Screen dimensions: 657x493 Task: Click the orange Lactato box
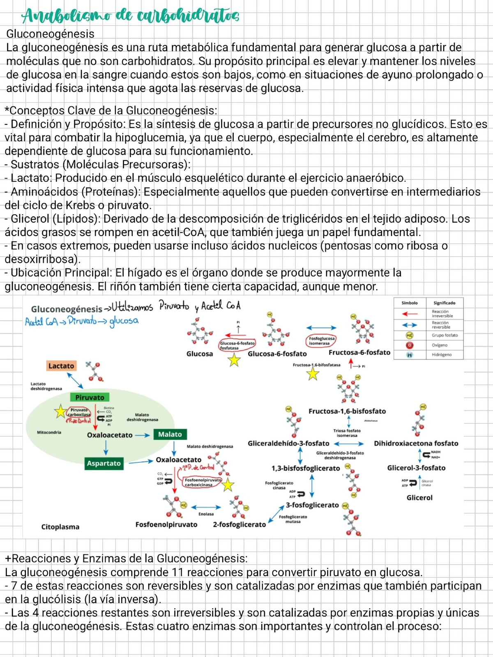[61, 366]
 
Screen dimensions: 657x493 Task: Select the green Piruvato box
[90, 397]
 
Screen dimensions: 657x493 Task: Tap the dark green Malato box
[170, 434]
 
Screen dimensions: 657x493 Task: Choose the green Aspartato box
[104, 463]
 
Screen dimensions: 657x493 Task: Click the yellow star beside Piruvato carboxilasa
[60, 411]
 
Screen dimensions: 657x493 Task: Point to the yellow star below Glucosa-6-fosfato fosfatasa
[234, 361]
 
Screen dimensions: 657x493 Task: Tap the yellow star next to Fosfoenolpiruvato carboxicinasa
[228, 485]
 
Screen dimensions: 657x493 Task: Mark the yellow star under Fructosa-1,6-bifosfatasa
[313, 374]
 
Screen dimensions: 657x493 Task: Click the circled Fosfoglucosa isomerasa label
[322, 341]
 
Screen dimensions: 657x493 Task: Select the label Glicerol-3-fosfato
[416, 468]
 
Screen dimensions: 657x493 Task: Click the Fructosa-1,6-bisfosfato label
[347, 411]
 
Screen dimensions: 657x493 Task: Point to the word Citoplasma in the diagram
[60, 527]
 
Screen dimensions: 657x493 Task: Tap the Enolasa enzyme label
[206, 514]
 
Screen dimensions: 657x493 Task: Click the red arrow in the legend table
[409, 314]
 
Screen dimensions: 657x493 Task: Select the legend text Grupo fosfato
[445, 335]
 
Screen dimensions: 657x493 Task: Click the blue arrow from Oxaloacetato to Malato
[142, 435]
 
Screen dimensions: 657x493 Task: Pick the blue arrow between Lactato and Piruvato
[75, 380]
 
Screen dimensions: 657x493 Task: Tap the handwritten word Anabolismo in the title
[66, 16]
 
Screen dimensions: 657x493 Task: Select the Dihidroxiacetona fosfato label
[416, 443]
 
